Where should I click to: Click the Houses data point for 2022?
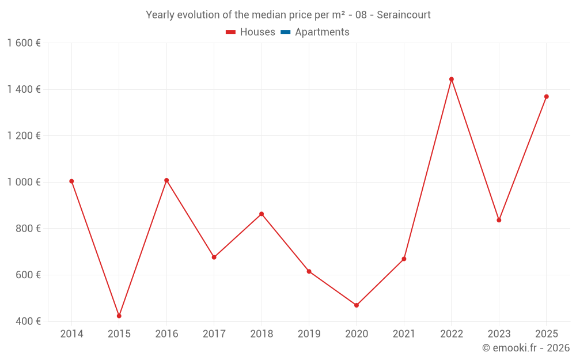[x=452, y=79]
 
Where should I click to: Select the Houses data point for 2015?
[x=119, y=316]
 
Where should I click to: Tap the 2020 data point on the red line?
[x=357, y=305]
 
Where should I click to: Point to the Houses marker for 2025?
[x=547, y=97]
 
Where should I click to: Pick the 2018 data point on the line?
[x=262, y=214]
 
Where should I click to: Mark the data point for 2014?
[x=71, y=181]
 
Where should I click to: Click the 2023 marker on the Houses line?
[x=499, y=220]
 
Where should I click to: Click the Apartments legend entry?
[x=322, y=32]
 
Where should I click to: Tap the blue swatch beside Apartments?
[x=285, y=32]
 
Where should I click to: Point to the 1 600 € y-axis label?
[x=24, y=43]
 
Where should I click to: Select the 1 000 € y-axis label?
[x=24, y=182]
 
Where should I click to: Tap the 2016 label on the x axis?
[x=166, y=334]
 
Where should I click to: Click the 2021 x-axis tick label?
[x=404, y=334]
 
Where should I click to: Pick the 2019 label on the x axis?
[x=309, y=334]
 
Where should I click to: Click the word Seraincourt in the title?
[x=404, y=15]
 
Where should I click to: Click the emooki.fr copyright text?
[x=526, y=348]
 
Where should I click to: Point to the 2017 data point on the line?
[x=214, y=257]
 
